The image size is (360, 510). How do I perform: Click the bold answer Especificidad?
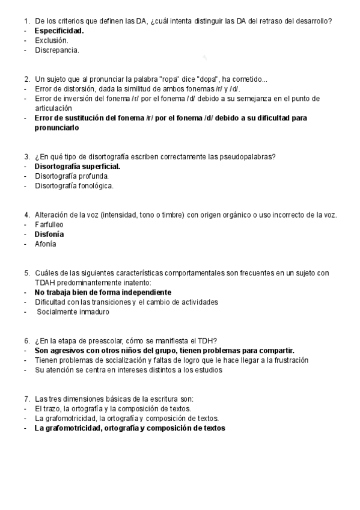59,30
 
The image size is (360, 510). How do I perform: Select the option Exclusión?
51,40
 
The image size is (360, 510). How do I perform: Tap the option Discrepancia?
56,51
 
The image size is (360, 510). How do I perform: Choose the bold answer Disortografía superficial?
77,166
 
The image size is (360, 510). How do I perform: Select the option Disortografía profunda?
72,176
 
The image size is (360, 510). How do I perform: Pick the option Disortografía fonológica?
74,186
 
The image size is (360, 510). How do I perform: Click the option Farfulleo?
49,224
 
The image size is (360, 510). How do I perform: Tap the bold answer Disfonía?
49,234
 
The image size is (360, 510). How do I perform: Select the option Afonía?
46,244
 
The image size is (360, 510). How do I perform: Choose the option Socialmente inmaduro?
73,312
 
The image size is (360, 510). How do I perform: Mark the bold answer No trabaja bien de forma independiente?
103,292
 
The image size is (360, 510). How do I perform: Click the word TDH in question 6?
207,340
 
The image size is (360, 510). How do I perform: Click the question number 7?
27,399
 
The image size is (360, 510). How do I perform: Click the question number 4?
27,215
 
